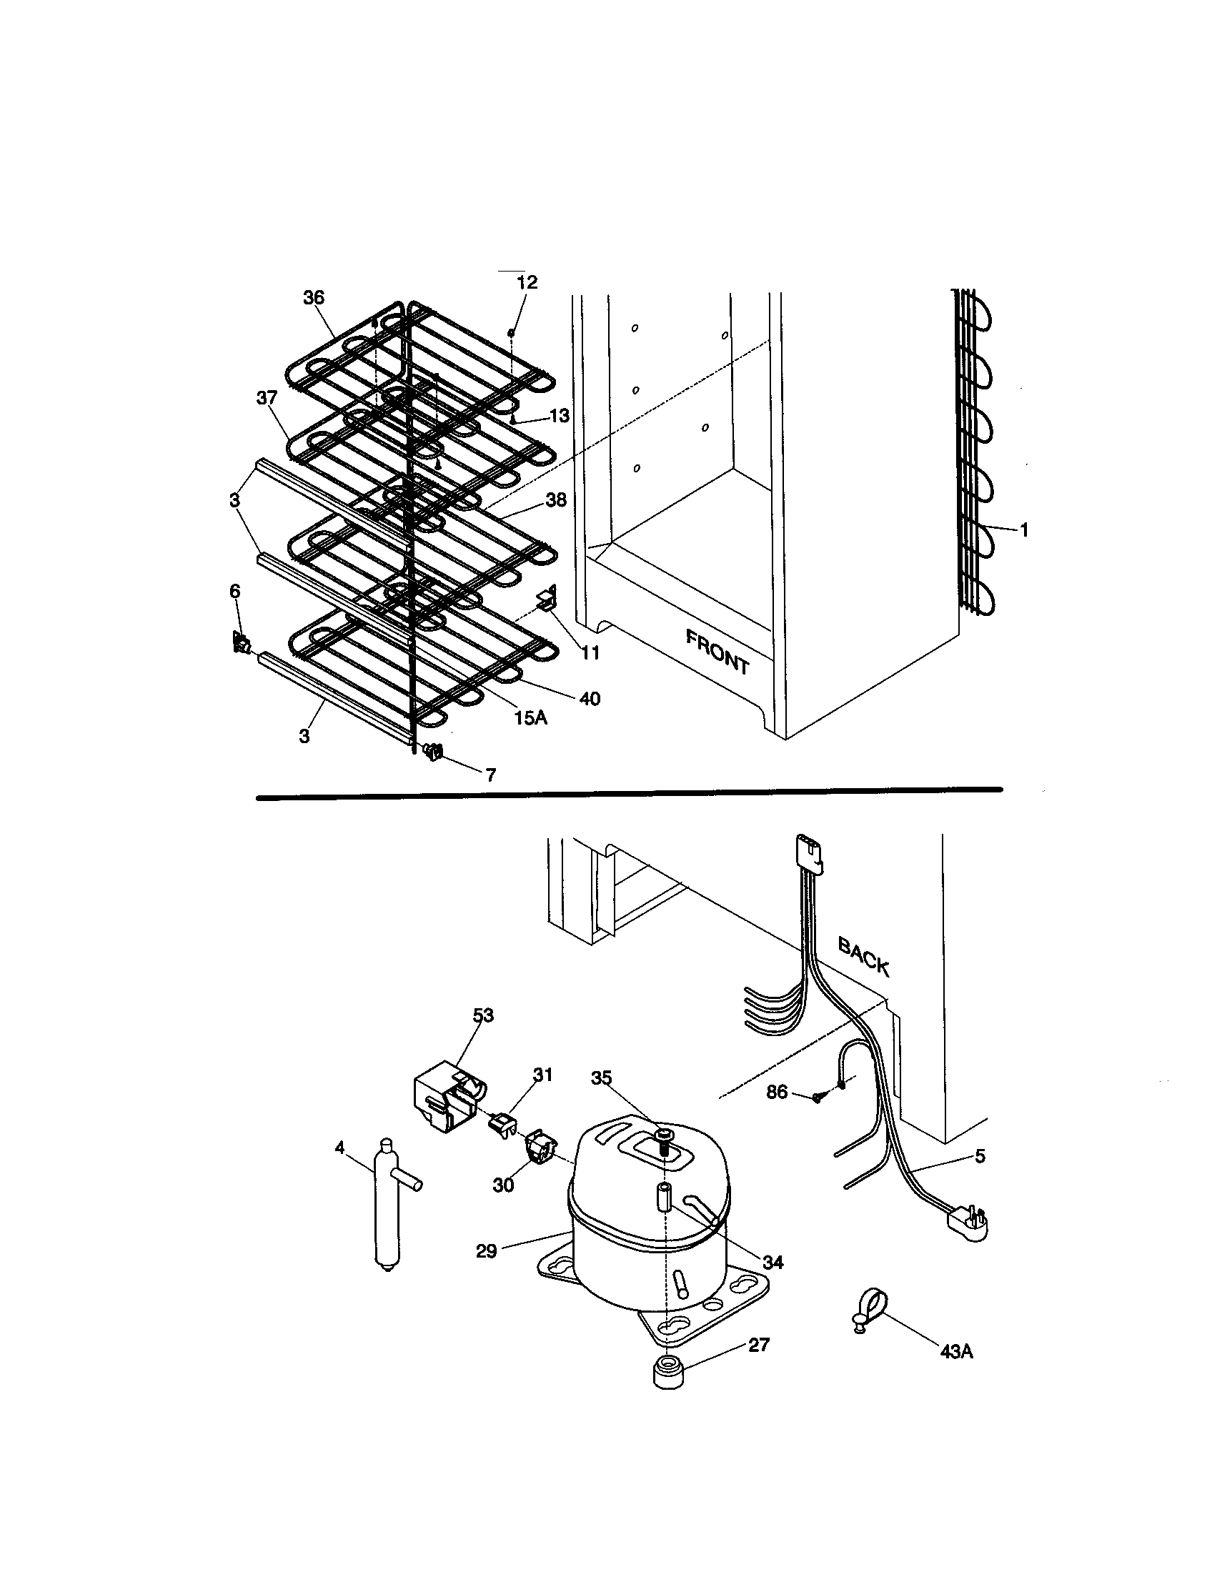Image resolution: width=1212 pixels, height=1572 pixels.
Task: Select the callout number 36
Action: coord(314,298)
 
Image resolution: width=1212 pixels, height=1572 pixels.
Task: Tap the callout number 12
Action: coord(527,282)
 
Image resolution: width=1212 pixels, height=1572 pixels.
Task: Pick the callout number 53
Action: coord(484,1015)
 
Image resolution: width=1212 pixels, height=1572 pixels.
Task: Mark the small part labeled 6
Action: coord(240,642)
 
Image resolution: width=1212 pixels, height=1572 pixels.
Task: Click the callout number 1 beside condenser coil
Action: coord(1023,530)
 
